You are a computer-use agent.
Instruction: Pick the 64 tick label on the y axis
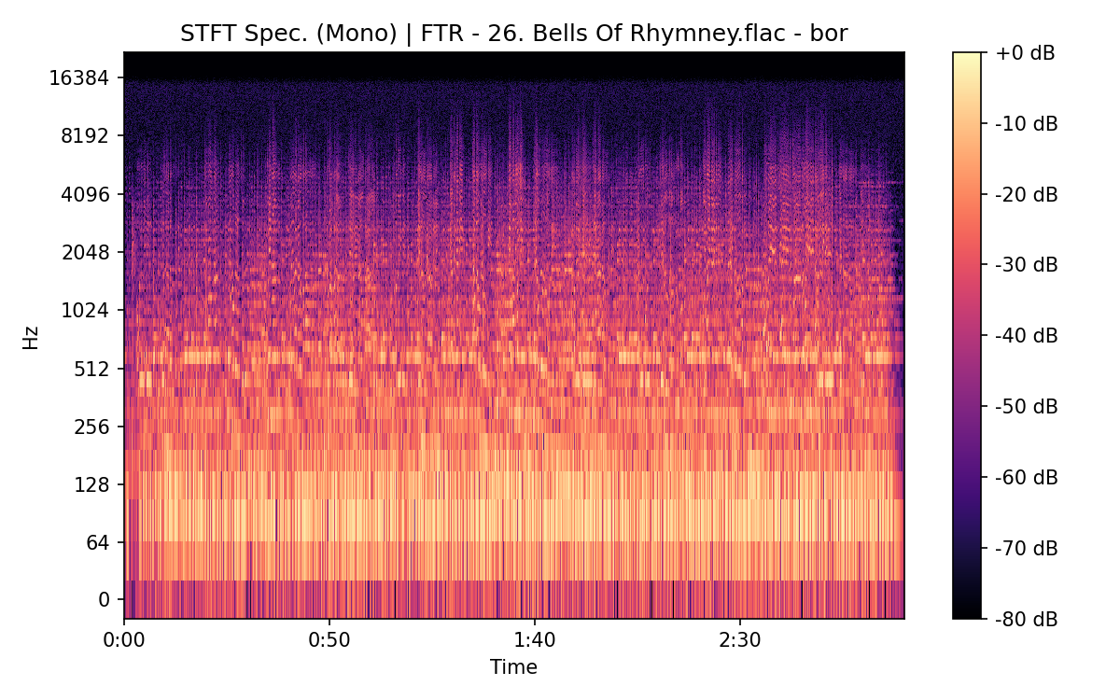99,543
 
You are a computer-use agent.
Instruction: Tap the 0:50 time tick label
329,642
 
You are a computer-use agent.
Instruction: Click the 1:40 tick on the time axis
534,642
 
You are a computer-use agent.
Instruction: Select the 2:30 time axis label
739,642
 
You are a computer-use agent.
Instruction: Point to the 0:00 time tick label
124,642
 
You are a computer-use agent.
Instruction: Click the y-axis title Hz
31,337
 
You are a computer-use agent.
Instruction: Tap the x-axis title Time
513,667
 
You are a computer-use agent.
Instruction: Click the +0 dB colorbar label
1025,53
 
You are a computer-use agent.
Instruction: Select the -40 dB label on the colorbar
1027,335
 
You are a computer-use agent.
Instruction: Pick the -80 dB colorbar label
1027,618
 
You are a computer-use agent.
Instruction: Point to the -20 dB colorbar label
1027,194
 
